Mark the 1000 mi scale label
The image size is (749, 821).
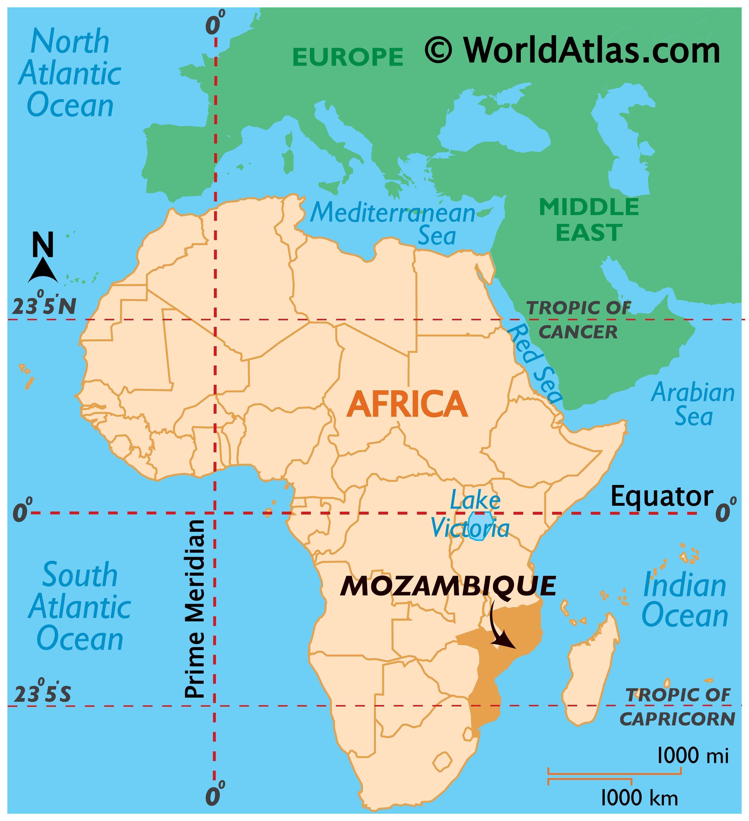[693, 756]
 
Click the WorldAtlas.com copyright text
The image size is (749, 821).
[573, 50]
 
